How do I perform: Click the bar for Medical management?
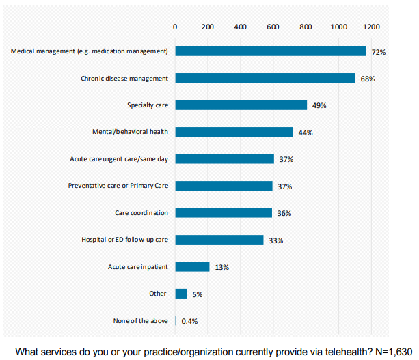(271, 51)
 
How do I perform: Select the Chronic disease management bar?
(265, 78)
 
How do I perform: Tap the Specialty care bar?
(241, 105)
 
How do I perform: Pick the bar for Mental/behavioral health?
(234, 132)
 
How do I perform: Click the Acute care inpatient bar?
(192, 266)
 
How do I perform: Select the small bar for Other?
(181, 294)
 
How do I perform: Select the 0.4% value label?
(189, 321)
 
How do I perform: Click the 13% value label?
(221, 267)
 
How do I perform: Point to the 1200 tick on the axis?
(371, 27)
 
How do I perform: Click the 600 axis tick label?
(273, 27)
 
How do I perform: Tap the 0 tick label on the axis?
(175, 27)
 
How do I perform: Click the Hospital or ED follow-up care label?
(124, 240)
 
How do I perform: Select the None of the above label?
(140, 321)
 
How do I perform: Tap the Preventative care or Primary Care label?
(118, 186)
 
